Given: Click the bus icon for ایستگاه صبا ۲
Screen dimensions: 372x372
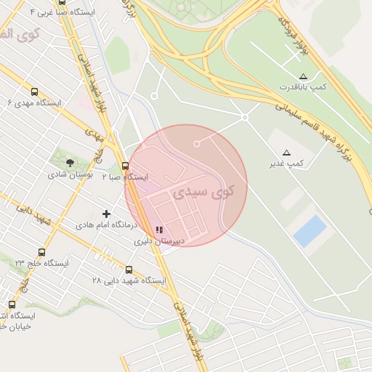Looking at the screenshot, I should [126, 166].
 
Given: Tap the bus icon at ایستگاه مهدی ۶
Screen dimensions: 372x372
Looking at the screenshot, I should [34, 92].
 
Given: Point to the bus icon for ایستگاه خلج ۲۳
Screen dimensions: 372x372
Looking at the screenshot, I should [41, 252].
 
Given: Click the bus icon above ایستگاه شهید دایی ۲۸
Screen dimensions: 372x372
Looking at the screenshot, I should [129, 270].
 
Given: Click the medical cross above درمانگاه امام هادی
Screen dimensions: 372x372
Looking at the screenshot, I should [107, 214].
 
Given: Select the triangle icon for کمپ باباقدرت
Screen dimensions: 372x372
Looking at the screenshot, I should [303, 76].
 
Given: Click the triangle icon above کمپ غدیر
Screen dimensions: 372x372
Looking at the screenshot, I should [287, 153].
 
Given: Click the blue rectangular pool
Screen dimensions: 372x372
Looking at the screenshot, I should [310, 231].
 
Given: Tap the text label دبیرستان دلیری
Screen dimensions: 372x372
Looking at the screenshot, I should [163, 240].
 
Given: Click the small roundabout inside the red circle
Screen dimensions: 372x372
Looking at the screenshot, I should [196, 144].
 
